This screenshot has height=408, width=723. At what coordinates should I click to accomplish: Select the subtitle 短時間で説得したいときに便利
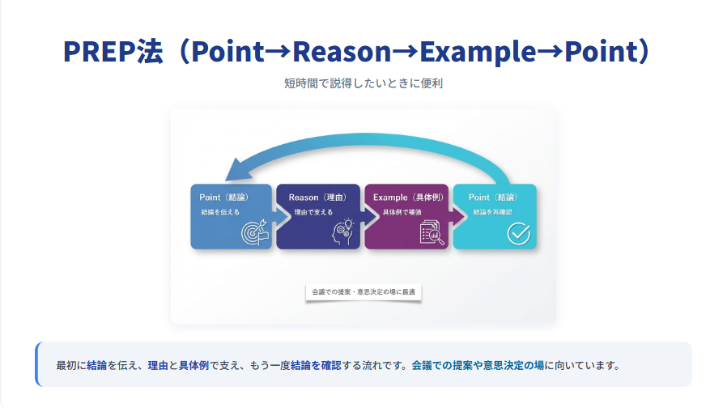[x=361, y=83]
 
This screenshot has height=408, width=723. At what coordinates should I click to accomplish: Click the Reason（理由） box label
[x=317, y=198]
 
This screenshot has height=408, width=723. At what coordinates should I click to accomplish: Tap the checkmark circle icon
[x=518, y=233]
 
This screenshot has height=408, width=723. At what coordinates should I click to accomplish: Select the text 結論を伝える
[x=220, y=212]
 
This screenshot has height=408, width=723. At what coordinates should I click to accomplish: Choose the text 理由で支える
[x=313, y=212]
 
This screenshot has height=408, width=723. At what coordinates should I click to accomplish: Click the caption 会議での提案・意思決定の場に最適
[x=363, y=291]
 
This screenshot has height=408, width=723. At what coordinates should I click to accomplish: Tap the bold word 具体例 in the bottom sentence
[x=194, y=365]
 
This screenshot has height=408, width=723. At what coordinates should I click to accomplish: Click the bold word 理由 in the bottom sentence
[x=157, y=365]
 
